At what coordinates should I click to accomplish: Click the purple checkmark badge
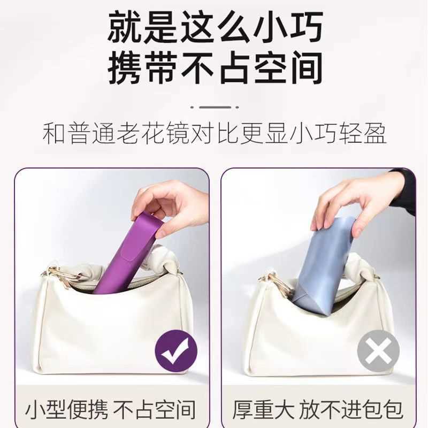[176, 351]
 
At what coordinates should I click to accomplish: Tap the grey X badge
[378, 351]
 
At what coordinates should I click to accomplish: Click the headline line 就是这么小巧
[215, 26]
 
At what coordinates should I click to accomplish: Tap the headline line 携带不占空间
[215, 67]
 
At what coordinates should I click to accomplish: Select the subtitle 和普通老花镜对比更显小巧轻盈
[215, 133]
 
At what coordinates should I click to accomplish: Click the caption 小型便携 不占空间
[111, 409]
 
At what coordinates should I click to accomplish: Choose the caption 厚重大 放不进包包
[318, 409]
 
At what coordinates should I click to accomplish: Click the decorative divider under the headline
[215, 108]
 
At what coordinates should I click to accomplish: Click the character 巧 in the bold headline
[307, 26]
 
